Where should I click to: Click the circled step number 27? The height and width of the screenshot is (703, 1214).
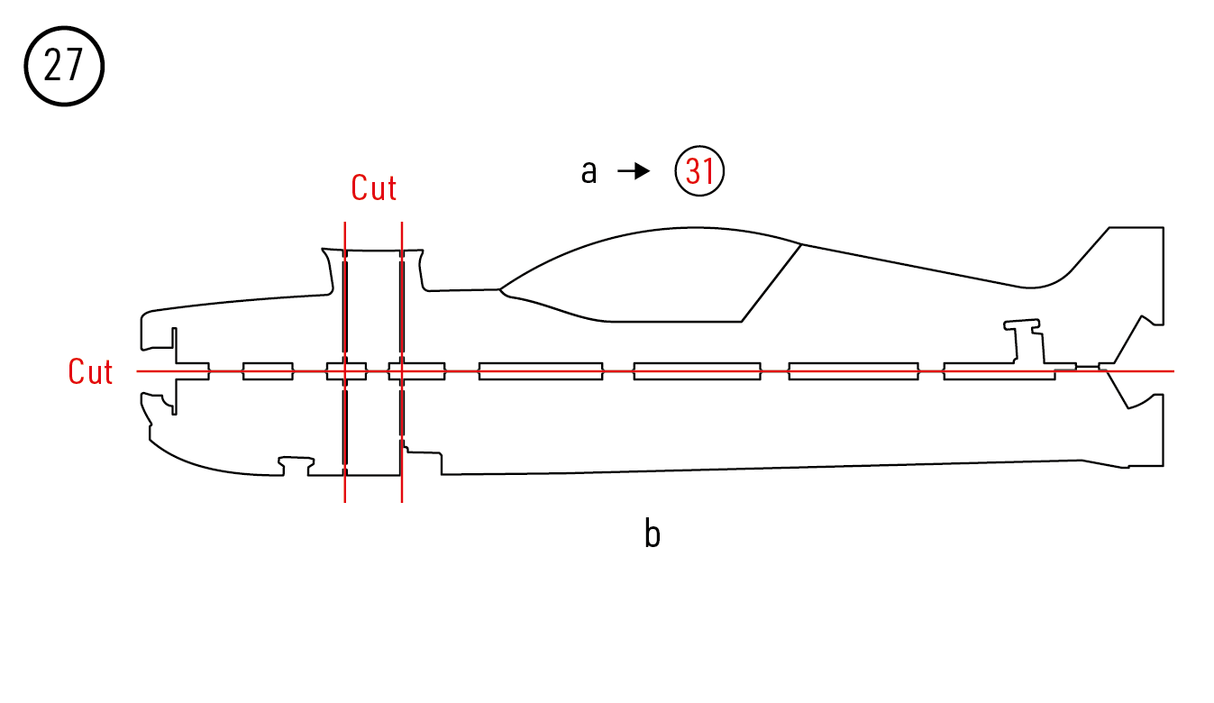(x=63, y=67)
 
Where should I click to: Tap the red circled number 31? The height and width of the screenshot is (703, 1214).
(x=700, y=171)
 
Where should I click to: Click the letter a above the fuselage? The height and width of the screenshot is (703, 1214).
(x=589, y=171)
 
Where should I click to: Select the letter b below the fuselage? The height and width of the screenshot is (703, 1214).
(x=652, y=534)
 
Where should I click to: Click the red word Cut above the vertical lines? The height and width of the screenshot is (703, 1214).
(x=374, y=188)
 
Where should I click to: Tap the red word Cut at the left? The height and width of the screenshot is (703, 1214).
(x=90, y=371)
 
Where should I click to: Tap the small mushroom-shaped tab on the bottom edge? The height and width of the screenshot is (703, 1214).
(x=297, y=464)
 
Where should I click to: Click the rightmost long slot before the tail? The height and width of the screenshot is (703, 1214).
(x=999, y=370)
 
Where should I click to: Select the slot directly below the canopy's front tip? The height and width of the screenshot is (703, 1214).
(x=540, y=370)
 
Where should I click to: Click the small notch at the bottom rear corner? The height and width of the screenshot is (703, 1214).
(x=1127, y=466)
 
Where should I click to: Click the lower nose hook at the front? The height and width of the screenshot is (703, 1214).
(x=158, y=407)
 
